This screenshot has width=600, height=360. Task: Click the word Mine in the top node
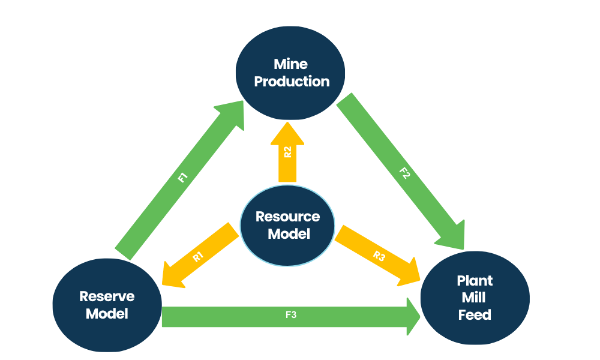pyautogui.click(x=291, y=64)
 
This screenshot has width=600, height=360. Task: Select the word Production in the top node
pyautogui.click(x=292, y=82)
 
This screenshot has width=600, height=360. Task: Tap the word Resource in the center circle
pyautogui.click(x=288, y=217)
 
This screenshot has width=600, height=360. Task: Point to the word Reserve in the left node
pyautogui.click(x=107, y=296)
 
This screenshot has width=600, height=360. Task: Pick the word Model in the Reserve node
pyautogui.click(x=107, y=313)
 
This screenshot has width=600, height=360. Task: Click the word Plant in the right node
pyautogui.click(x=475, y=281)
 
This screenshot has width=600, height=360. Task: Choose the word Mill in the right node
pyautogui.click(x=475, y=298)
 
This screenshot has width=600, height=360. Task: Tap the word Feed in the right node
pyautogui.click(x=475, y=314)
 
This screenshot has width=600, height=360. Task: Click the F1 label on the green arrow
pyautogui.click(x=183, y=178)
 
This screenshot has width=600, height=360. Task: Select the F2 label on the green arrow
pyautogui.click(x=404, y=175)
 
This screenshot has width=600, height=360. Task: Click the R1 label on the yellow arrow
pyautogui.click(x=199, y=256)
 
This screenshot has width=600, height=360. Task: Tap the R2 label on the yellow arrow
pyautogui.click(x=288, y=151)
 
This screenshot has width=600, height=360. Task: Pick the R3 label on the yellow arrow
pyautogui.click(x=379, y=256)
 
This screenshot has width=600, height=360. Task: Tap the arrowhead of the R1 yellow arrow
pyautogui.click(x=172, y=274)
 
